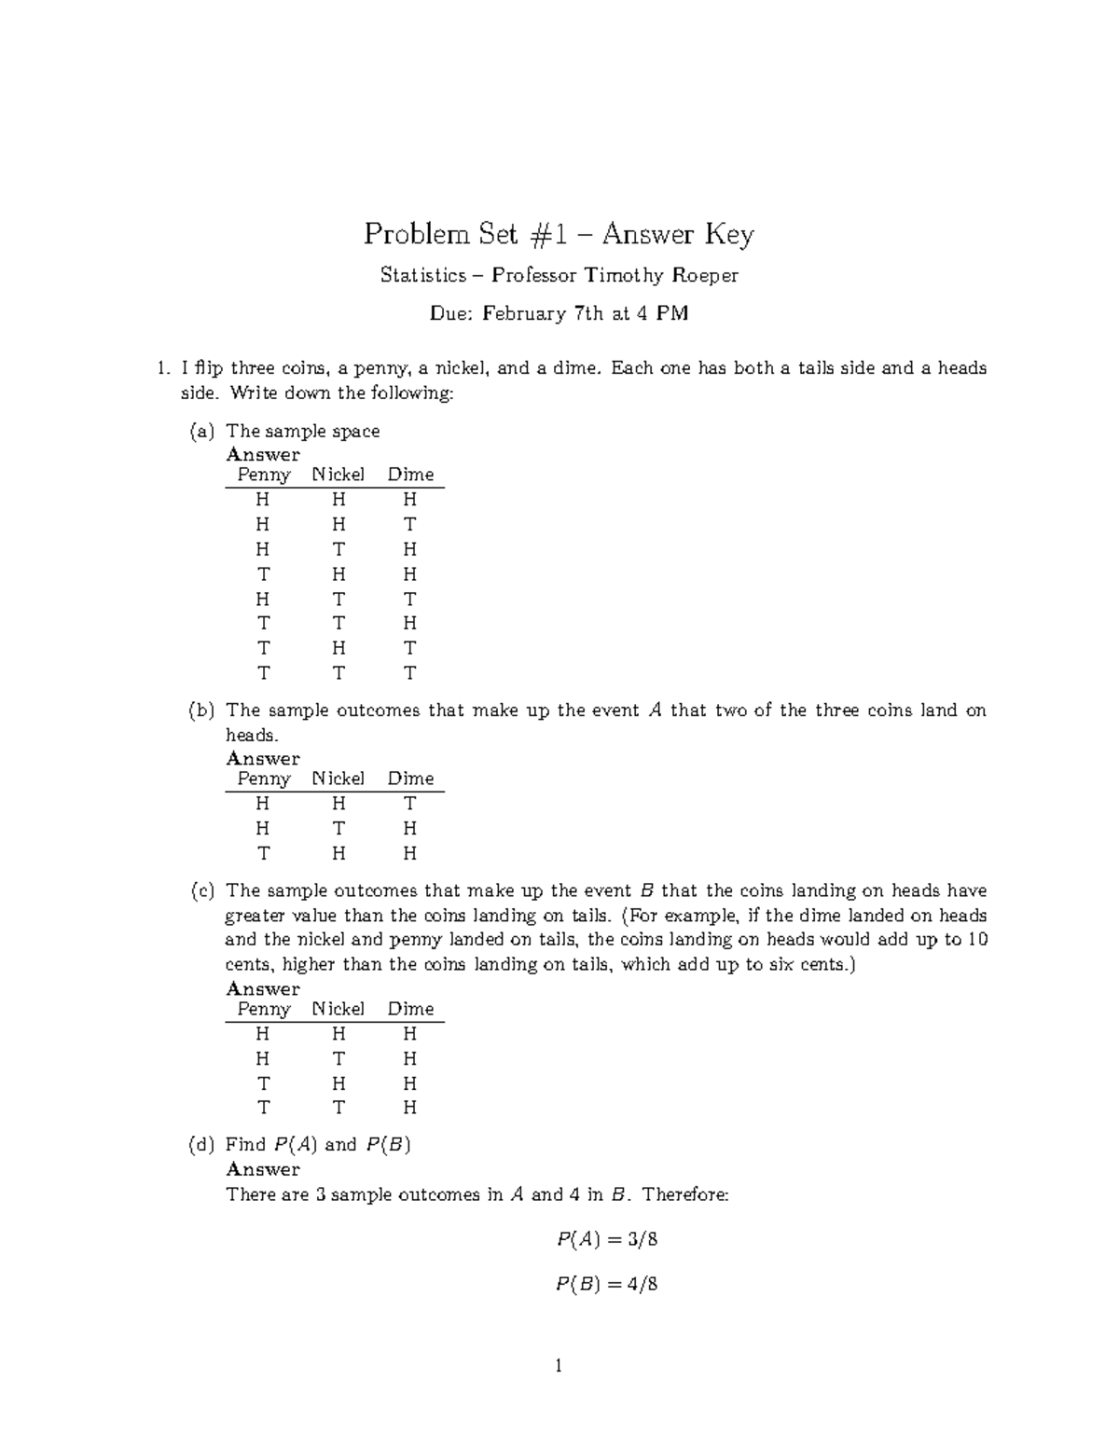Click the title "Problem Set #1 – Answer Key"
[x=559, y=234]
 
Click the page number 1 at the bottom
[x=559, y=1367]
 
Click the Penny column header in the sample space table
[x=264, y=475]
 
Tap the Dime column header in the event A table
[x=410, y=779]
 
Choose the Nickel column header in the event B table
[x=338, y=1009]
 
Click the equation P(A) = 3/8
[x=607, y=1240]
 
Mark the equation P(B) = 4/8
[x=607, y=1284]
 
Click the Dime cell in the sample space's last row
[x=409, y=673]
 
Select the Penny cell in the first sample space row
[x=263, y=500]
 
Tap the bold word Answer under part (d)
[x=263, y=1169]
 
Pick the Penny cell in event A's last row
[x=263, y=853]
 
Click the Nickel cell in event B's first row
[x=338, y=1034]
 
